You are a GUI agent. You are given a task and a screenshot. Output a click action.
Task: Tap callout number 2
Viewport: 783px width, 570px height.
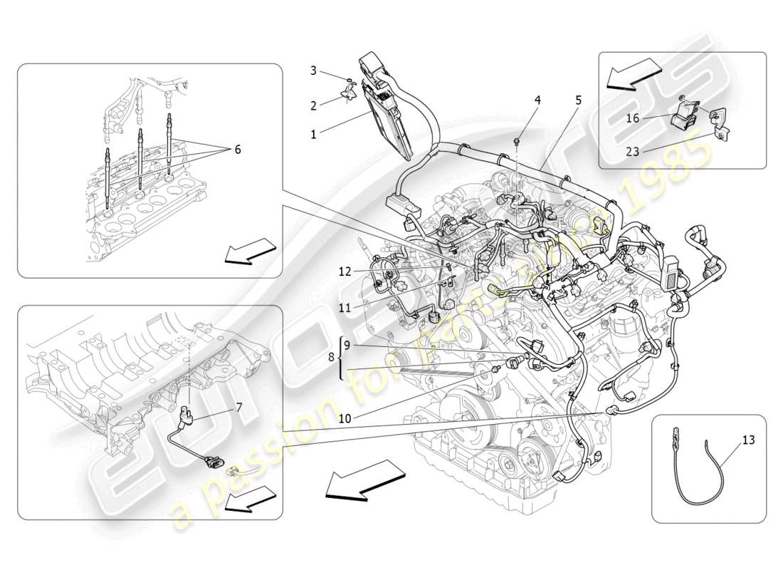312,105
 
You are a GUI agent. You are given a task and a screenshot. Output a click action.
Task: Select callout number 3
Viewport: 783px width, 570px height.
312,70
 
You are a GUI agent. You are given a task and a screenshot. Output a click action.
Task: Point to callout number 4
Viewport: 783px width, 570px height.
537,100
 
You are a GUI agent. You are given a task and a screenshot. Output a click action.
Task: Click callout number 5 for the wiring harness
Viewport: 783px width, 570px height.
578,100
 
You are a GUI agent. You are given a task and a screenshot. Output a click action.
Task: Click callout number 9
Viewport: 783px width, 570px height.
347,346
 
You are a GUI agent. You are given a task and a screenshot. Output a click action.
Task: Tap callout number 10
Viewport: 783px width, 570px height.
345,418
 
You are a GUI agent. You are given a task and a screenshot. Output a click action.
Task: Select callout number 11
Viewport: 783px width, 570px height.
345,308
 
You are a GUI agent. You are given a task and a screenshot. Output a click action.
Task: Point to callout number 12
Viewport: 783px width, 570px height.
345,271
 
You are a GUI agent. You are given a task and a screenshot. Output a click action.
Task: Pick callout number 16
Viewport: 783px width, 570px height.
633,118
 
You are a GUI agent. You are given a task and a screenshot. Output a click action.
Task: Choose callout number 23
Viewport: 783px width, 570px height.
633,151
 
